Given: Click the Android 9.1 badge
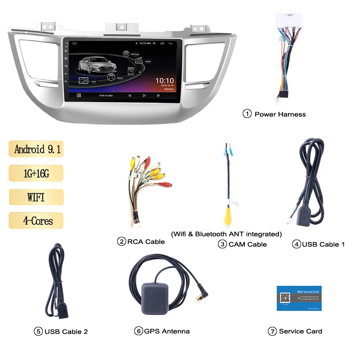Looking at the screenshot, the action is coord(36,149).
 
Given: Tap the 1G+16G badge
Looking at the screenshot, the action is coord(36,173).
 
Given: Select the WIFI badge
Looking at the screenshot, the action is coord(36,197).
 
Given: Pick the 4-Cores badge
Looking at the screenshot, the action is coord(36,221).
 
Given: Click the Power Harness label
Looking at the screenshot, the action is coord(280,114).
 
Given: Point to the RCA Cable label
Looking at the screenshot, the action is coord(146,242).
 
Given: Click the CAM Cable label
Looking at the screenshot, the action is coord(247,244).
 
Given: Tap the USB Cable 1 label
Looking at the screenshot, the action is coord(323,244).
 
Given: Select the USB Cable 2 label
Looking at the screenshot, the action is coord(66,332).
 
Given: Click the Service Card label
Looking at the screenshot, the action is coord(300,331).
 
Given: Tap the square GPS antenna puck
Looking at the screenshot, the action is coord(156,298).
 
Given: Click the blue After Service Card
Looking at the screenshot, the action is coord(299,298).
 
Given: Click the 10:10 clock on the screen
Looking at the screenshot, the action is coord(164,81).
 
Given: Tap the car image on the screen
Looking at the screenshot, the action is coord(98,65).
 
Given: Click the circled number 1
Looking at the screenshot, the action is coord(247,114).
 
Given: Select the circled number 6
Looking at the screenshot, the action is coord(138,331).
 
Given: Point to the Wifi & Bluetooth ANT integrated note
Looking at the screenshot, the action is coord(226,234).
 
